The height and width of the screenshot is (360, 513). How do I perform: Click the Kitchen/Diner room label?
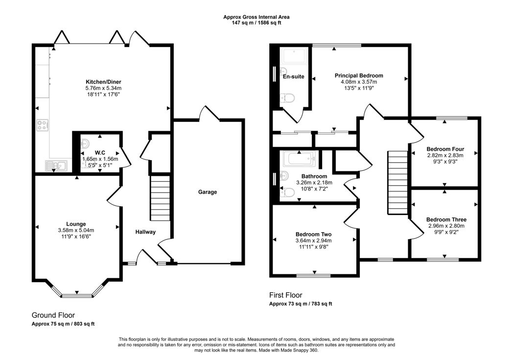tap(103, 82)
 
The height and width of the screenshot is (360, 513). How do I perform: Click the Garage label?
tap(207, 192)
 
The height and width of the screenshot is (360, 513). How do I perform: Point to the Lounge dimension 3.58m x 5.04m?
tap(77, 230)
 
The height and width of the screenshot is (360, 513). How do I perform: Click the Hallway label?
tap(145, 232)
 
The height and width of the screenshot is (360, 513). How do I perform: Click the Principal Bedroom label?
tap(359, 75)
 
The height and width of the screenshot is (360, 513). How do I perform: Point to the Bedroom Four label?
tap(445, 149)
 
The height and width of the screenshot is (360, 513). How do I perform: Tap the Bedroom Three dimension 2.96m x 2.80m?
tap(446, 226)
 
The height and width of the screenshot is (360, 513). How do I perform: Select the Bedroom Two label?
tap(313, 234)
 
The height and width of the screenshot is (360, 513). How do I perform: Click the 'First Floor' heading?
tap(285, 295)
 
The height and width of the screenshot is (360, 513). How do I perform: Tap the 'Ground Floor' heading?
tap(53, 315)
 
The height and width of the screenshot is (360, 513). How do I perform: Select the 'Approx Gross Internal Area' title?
tap(256, 17)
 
